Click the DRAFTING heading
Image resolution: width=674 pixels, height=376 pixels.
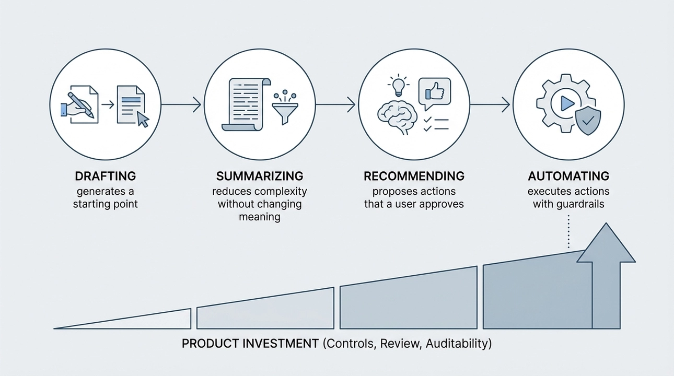[106, 176]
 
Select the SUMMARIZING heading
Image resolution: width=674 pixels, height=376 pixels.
[260, 176]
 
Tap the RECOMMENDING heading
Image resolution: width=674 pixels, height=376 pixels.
[414, 176]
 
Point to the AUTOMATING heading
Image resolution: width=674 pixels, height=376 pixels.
[568, 176]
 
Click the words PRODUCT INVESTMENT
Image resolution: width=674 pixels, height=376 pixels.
[250, 344]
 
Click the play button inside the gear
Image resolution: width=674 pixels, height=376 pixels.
[567, 103]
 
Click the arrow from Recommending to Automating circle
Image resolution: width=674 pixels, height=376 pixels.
[490, 105]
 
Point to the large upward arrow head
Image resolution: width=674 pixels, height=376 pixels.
[606, 243]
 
